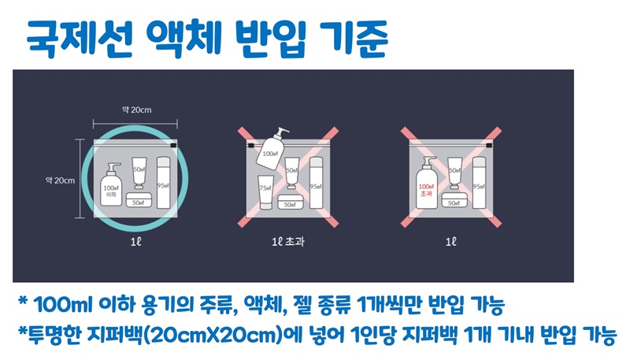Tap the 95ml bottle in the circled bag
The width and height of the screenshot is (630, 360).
pos(164,184)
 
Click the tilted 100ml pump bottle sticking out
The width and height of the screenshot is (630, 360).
pos(272,147)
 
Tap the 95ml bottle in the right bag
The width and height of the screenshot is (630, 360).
pos(480,184)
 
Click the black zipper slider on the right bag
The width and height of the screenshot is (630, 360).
pos(489,146)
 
